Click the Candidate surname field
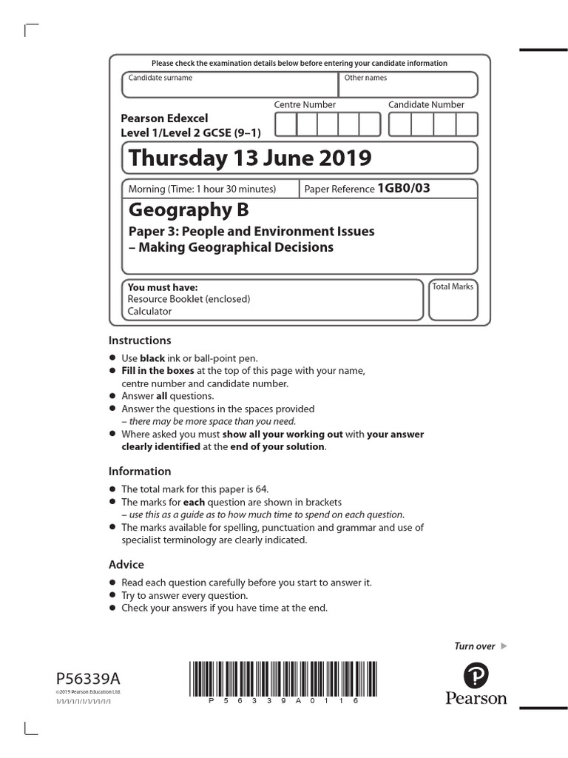coord(229,85)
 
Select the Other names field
coord(408,85)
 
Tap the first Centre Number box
coord(286,124)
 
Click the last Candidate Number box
coord(467,124)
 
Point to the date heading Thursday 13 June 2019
coord(250,158)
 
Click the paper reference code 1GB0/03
coord(403,188)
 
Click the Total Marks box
coord(453,300)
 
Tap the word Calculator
coord(149,312)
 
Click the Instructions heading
coord(140,341)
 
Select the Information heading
coord(140,472)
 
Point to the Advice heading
coord(126,565)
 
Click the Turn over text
coord(474,646)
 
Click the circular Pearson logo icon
coord(476,676)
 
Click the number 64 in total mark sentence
coord(260,489)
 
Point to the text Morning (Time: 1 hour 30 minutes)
coord(202,189)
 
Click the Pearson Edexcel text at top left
coord(165,118)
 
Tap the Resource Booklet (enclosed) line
coord(189,299)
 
